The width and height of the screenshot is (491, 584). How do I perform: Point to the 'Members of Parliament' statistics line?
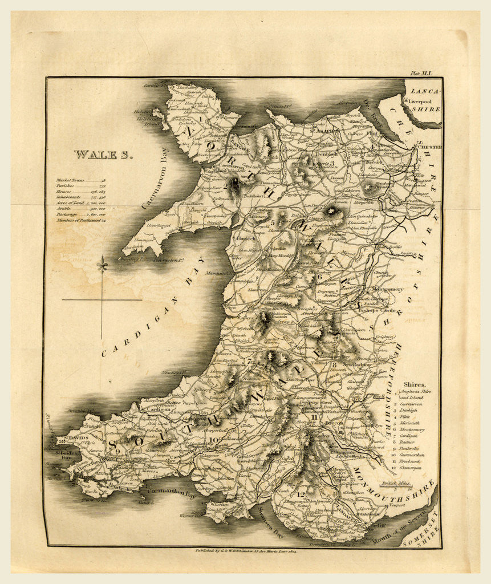tap(80, 220)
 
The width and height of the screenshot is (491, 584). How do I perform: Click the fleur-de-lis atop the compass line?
tap(102, 265)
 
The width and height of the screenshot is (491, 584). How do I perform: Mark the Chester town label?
tap(429, 147)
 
